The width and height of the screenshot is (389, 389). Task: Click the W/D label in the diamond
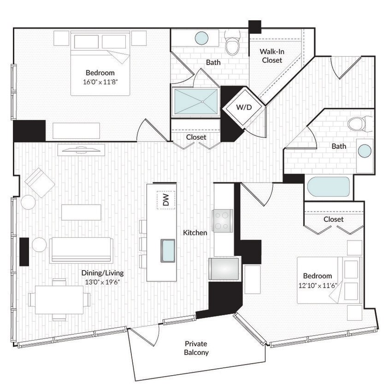pos(244,107)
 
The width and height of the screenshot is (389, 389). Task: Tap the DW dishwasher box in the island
pos(166,200)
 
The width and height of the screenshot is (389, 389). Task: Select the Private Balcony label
pos(196,348)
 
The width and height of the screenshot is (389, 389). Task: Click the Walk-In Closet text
pos(272,56)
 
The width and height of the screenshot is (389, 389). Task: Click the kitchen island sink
pos(168,250)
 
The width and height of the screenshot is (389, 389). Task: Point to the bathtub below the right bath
pos(328,187)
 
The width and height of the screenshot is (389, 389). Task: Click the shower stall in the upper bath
pos(195,101)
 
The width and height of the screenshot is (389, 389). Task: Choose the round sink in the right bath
pos(365,151)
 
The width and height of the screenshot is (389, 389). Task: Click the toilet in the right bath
pos(357,124)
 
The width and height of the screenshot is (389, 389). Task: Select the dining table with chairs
pos(59,300)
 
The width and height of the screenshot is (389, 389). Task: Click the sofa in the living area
pos(81,250)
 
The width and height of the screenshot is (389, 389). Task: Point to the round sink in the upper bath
pos(201,38)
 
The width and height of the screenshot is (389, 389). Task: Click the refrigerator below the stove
pos(224,269)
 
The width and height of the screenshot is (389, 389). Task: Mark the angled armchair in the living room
pos(40,183)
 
